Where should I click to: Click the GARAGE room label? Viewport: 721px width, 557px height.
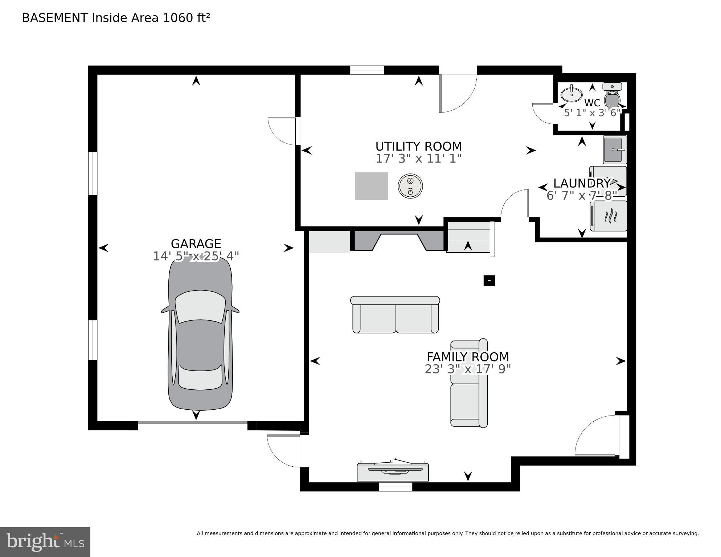click(196, 243)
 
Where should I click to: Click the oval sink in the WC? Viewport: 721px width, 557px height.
click(571, 94)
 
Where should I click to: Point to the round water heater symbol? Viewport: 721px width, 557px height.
click(410, 186)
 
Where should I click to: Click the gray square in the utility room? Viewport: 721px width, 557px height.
click(371, 186)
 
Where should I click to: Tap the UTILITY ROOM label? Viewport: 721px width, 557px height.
click(418, 147)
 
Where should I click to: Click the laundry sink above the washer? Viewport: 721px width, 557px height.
click(614, 150)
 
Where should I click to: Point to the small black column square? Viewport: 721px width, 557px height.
click(489, 280)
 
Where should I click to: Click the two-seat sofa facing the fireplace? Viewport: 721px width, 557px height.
click(395, 315)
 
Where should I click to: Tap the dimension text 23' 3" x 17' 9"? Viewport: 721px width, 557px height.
click(467, 369)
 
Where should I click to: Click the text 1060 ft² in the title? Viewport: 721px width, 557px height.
click(187, 18)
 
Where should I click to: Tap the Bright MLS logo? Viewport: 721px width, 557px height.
click(45, 542)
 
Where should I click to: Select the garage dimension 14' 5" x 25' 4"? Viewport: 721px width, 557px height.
click(196, 257)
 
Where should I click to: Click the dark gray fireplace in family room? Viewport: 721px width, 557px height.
click(398, 241)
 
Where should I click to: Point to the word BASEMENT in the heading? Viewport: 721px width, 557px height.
click(54, 18)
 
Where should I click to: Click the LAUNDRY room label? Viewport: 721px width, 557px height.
click(582, 183)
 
